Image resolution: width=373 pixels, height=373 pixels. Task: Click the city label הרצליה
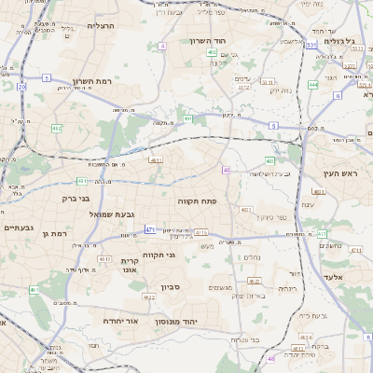point(100,26)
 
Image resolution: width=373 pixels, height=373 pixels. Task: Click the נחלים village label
point(252,256)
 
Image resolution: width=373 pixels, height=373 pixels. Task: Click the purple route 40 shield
point(227,170)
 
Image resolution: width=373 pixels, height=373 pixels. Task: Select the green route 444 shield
point(312,84)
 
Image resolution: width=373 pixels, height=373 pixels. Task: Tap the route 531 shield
point(310,45)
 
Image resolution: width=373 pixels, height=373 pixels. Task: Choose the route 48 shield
point(271,358)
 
